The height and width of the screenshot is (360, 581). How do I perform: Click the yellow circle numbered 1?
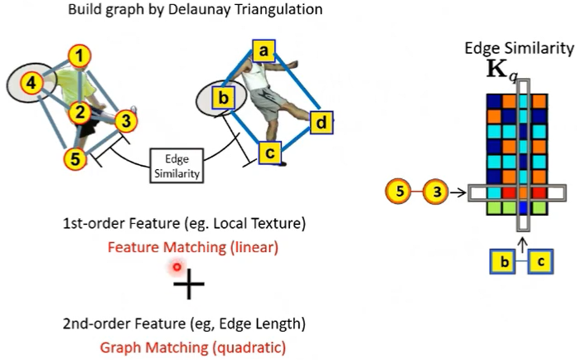80,56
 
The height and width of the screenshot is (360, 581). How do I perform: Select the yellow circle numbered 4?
31,83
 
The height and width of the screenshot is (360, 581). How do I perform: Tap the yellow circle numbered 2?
80,111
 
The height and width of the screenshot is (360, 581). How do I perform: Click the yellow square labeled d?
322,124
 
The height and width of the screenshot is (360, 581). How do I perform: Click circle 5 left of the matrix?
399,192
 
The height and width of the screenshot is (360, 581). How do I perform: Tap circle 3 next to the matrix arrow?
435,192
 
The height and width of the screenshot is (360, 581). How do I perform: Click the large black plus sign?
189,286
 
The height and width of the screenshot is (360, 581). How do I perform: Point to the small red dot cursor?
177,267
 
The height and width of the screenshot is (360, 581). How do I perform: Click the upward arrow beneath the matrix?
521,241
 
